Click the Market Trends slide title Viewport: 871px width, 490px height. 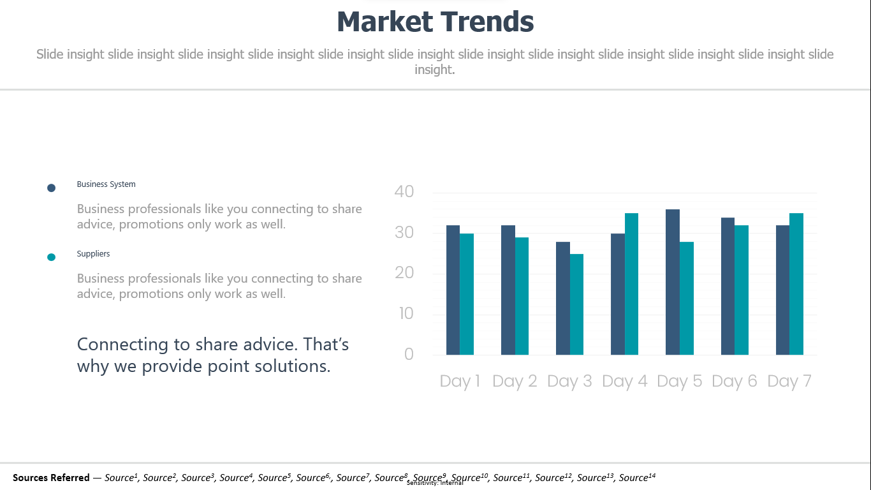click(435, 22)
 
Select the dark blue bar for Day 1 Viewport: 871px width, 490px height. click(453, 290)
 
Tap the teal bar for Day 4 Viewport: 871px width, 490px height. click(631, 284)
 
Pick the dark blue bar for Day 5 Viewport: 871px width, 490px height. click(673, 282)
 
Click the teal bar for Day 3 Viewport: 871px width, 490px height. click(576, 304)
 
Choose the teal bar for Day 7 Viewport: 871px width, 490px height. click(796, 284)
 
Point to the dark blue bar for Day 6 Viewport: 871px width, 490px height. click(728, 286)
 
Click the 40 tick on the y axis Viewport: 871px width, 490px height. click(404, 191)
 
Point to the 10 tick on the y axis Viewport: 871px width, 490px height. click(406, 313)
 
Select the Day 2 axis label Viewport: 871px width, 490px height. click(515, 381)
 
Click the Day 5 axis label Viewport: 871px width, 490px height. click(679, 381)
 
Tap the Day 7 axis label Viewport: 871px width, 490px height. click(789, 381)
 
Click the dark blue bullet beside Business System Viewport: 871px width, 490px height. click(51, 188)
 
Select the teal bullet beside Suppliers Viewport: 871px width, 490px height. click(51, 257)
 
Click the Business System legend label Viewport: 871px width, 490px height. click(106, 184)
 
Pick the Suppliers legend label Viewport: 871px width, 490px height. click(93, 254)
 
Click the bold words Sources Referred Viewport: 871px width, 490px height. click(51, 477)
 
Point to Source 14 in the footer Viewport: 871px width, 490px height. click(637, 477)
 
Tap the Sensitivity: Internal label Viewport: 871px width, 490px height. click(435, 483)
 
